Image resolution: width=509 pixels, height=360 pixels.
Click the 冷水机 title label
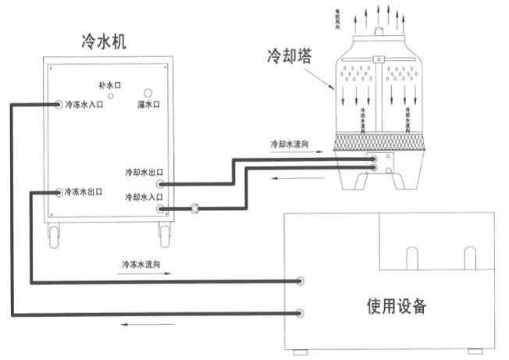[x=105, y=39]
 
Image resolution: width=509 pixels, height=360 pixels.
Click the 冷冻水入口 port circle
[x=59, y=104]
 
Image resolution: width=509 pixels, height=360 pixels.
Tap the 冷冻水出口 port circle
[x=59, y=192]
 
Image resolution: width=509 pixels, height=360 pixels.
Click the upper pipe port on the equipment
[x=300, y=280]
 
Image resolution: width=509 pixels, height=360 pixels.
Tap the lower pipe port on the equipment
[x=300, y=312]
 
